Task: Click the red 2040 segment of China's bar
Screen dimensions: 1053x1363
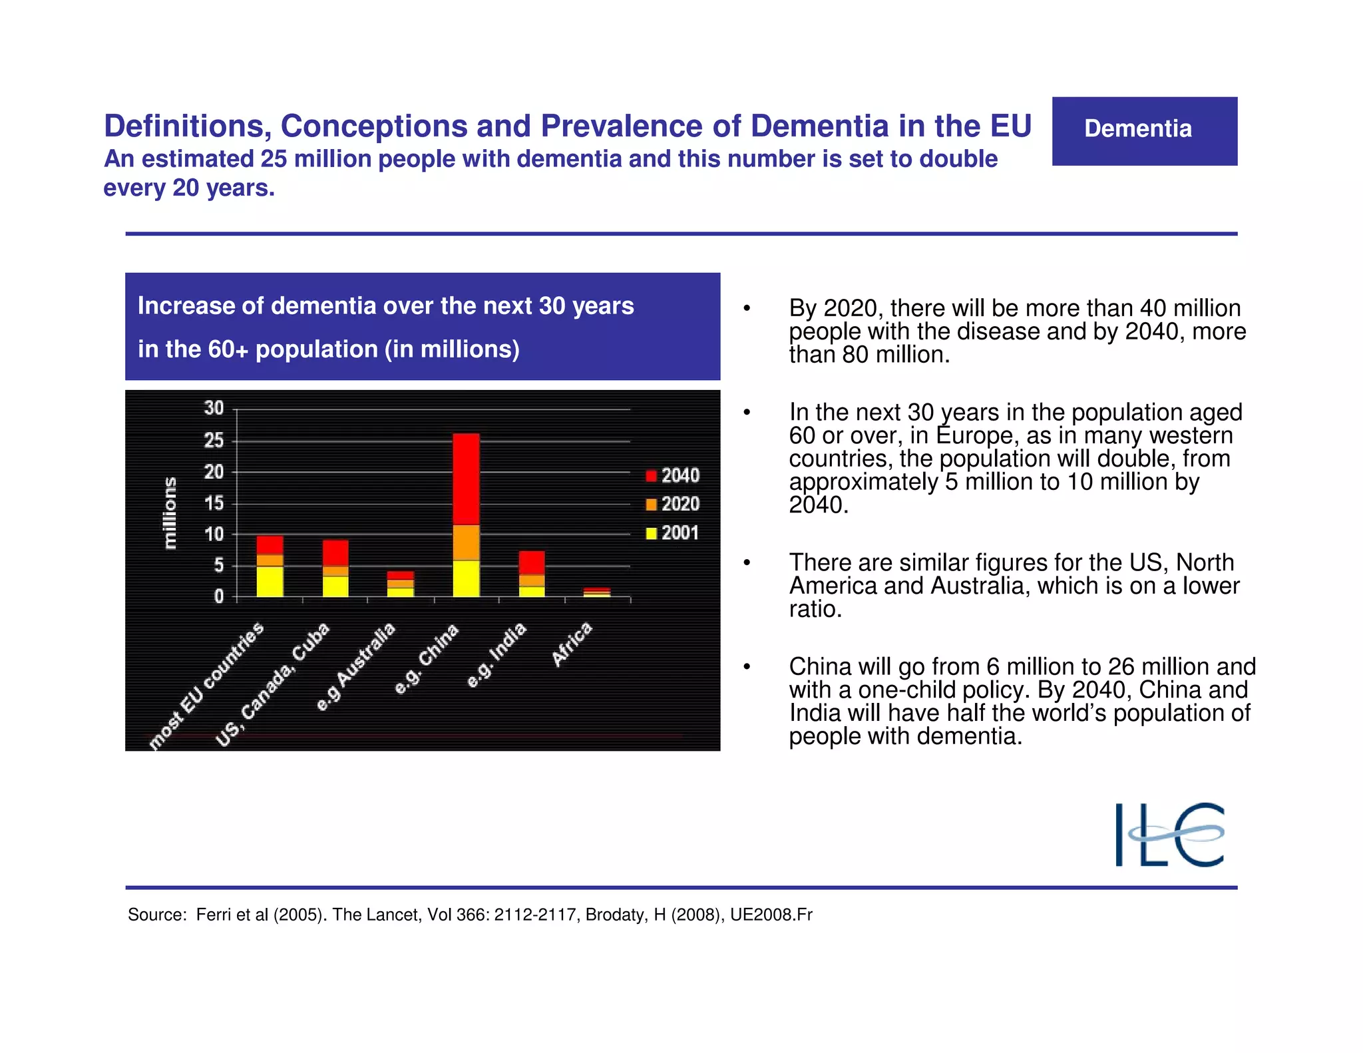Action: [466, 479]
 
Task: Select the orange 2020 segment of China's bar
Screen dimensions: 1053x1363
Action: [466, 542]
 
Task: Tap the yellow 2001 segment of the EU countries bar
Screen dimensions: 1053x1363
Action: [270, 581]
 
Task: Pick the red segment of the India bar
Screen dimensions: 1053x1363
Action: [532, 562]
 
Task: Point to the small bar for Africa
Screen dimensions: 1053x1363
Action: [597, 592]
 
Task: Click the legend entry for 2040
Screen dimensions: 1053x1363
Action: [673, 475]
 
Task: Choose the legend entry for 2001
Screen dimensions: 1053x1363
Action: [673, 532]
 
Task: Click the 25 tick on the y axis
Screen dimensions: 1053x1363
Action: [214, 441]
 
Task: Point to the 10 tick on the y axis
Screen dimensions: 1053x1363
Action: [214, 534]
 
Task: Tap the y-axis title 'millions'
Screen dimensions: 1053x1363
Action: [170, 513]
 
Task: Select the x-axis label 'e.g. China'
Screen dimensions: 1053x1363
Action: [427, 659]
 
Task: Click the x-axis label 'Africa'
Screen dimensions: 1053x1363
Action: [572, 644]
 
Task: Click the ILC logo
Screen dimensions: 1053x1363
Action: [1169, 834]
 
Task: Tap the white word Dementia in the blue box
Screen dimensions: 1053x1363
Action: [1137, 128]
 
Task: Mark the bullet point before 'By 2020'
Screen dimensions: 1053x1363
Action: [747, 309]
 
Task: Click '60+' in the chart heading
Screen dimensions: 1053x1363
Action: [228, 349]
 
